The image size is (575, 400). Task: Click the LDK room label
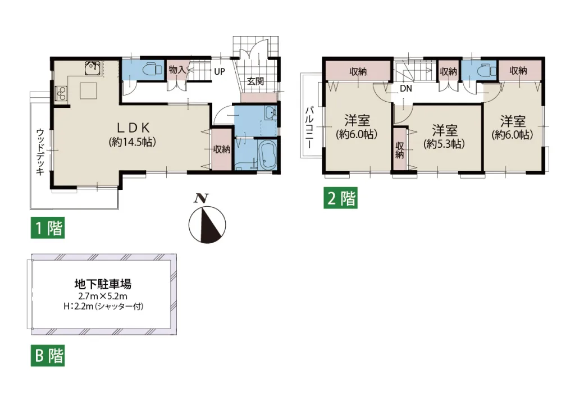point(133,128)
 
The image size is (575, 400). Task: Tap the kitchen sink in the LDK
point(93,68)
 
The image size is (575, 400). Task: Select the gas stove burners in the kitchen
point(61,93)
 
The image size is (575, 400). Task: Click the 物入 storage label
point(177,69)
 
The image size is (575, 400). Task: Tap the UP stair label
point(220,71)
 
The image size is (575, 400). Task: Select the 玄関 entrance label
point(255,81)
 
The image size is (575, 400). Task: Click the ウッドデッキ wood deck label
point(40,152)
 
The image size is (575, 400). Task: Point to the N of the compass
point(201,198)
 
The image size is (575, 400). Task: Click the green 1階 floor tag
point(48,228)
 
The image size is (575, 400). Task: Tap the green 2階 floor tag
point(340,198)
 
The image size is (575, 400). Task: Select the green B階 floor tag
point(48,356)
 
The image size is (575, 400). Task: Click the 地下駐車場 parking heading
point(103,284)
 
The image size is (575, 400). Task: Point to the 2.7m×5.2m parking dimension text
point(103,296)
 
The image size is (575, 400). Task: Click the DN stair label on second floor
point(406,88)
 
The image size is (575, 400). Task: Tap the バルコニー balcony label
point(310,127)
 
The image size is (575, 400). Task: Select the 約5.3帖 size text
point(444,144)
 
